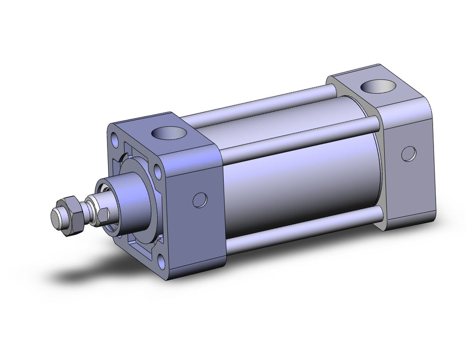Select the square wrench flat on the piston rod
[x=102, y=214]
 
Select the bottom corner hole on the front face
[x=163, y=262]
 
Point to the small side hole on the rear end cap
[x=409, y=153]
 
